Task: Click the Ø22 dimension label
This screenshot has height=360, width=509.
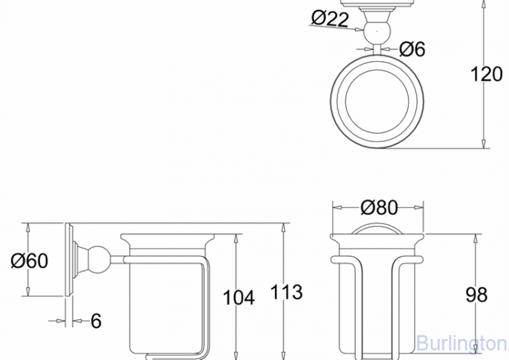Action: coord(330,18)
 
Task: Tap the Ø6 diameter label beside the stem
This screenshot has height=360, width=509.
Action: coord(412,49)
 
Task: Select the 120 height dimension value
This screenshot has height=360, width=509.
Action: coord(487,74)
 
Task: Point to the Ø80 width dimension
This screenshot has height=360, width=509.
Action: coord(379,207)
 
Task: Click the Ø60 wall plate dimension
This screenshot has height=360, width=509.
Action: coord(30,260)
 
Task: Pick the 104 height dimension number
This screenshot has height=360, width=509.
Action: coord(239,298)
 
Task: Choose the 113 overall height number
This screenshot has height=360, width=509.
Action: coord(286,292)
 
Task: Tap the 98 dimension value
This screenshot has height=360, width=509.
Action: coord(476,295)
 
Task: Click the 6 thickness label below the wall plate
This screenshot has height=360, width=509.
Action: coord(96,321)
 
